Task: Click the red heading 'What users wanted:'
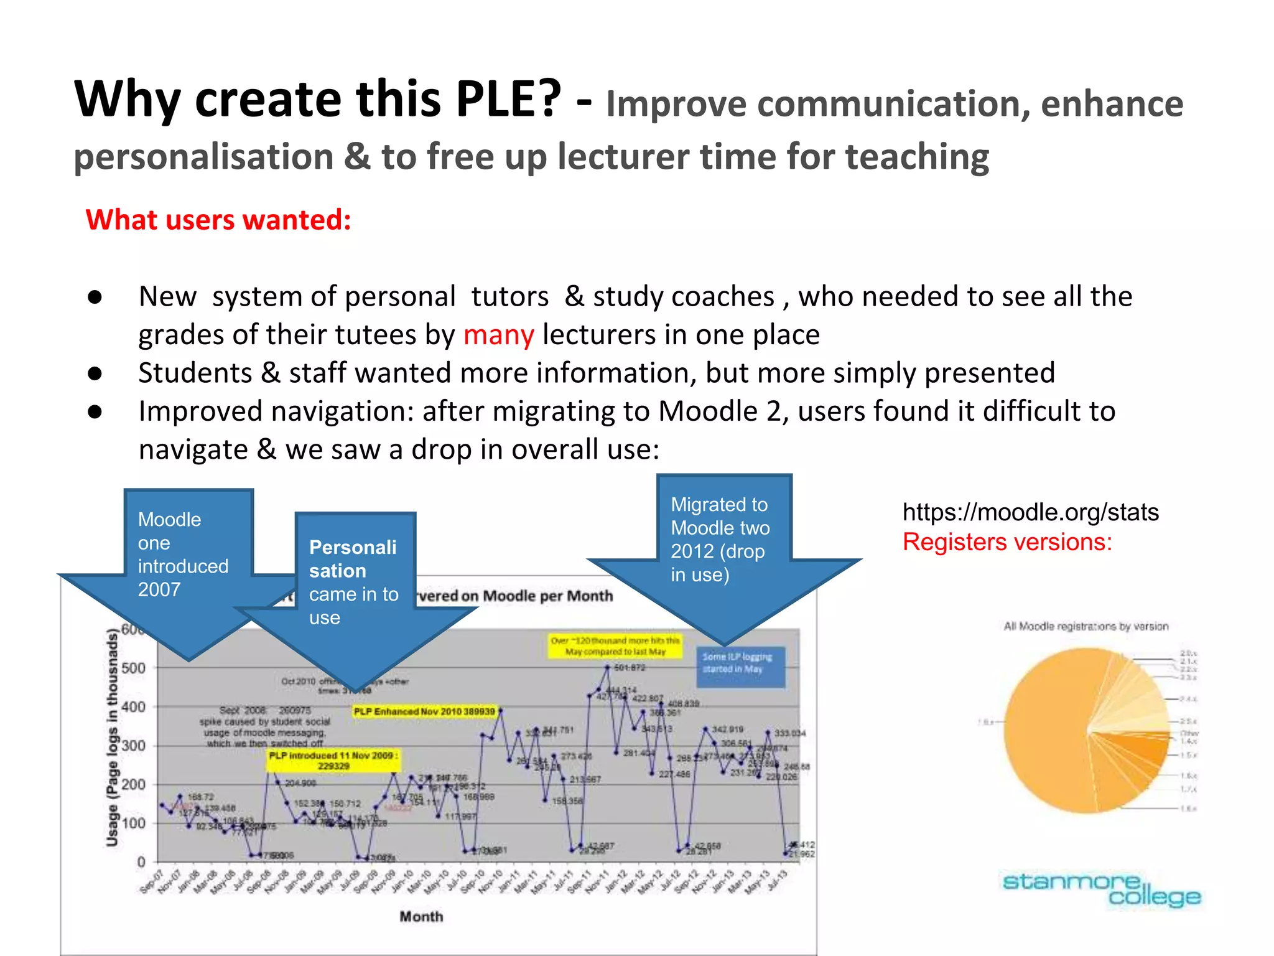(218, 220)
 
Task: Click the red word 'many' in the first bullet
(498, 335)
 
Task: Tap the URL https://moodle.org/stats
(1030, 512)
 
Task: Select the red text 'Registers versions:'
(1007, 542)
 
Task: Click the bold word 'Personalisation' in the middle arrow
(352, 559)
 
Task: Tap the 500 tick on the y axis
(133, 668)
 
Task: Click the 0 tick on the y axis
(141, 862)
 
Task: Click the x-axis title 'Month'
(421, 916)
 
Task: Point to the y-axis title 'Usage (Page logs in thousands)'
(112, 738)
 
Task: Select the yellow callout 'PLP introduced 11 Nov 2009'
(333, 760)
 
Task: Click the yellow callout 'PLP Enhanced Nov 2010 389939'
(424, 711)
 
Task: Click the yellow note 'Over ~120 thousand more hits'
(615, 646)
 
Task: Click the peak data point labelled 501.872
(608, 667)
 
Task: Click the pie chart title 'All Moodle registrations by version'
(1086, 626)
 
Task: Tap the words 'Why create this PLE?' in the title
(317, 100)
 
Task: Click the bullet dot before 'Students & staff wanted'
(95, 373)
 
